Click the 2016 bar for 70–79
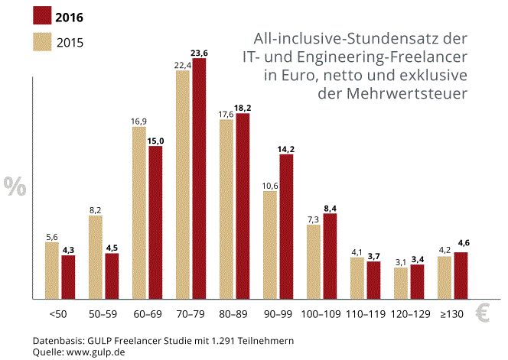199,178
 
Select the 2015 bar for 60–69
139,212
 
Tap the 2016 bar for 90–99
286,226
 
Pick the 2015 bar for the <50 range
52,270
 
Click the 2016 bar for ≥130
461,275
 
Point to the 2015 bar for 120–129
401,283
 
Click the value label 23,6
200,53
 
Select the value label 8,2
96,209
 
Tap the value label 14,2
287,148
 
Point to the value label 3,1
401,262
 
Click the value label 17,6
226,114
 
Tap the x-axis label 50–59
103,314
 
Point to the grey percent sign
14,186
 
